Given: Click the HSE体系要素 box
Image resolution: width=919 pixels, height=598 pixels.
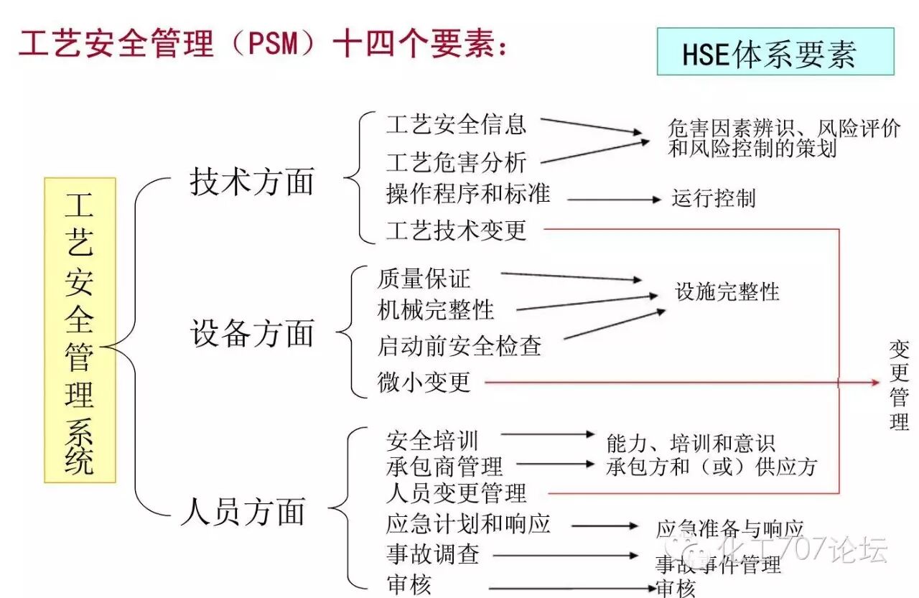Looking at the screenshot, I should pos(775,52).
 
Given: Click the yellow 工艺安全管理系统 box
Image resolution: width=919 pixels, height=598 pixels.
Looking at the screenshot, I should pos(80,330).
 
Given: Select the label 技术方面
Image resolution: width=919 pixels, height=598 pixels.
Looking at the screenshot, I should pos(252,182).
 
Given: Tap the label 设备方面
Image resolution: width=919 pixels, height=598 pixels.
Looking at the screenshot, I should pos(252,334).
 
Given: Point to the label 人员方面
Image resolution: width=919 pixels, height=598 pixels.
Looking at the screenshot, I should pos(243,512).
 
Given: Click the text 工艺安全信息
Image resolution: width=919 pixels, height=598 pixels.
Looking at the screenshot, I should pos(456,124).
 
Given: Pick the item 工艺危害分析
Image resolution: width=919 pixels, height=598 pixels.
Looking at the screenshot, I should pos(456,162).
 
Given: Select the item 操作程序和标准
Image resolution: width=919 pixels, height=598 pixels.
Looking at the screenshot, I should pos(467,193).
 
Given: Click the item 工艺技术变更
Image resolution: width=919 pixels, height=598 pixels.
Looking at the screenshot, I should pos(456,230).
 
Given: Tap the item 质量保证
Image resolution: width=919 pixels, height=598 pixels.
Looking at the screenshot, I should pos(424,278).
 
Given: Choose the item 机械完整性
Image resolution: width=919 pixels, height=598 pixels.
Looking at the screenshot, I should pos(436,309).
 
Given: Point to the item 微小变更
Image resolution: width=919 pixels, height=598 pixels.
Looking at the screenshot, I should pos(424,382).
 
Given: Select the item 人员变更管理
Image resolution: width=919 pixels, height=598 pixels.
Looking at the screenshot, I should pos(456,493).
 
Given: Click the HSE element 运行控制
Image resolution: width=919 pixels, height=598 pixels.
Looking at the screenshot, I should pos(714,198).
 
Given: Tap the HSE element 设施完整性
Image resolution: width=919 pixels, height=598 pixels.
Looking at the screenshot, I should pos(727,291).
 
